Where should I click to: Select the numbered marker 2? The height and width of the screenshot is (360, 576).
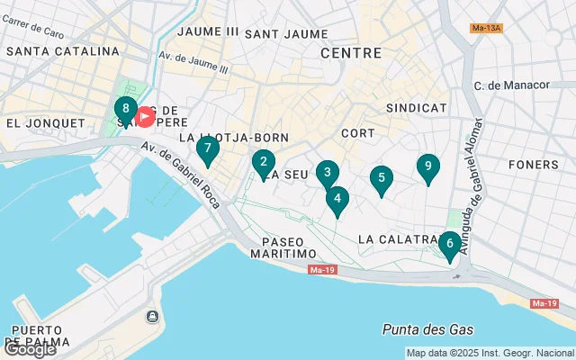[x=263, y=164]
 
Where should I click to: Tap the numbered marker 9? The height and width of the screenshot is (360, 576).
[x=428, y=167]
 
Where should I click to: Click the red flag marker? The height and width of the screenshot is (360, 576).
[x=145, y=116]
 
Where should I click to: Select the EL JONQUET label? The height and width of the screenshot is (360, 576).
[x=38, y=122]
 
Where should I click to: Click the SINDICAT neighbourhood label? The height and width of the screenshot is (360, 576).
[x=416, y=107]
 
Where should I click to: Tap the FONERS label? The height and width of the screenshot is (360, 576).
[x=533, y=165]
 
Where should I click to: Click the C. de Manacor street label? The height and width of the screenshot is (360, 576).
[x=510, y=85]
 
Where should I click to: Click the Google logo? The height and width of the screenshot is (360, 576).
[x=29, y=349]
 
